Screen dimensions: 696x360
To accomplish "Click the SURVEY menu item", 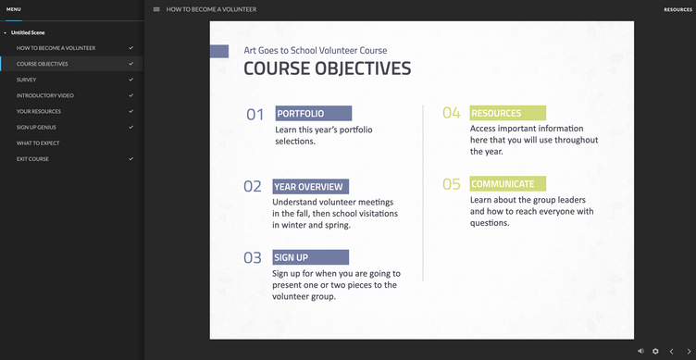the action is (27, 80).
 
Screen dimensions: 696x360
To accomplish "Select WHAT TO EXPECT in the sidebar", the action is (38, 143).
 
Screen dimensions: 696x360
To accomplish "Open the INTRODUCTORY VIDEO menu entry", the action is (44, 95).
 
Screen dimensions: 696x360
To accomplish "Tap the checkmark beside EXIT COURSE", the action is (130, 158).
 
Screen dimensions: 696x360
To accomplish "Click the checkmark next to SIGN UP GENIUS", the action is (130, 127).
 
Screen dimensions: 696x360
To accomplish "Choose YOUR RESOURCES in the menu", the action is (39, 111).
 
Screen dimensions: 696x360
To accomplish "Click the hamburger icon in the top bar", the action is (156, 9).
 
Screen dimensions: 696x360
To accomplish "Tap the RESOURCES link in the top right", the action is (677, 10).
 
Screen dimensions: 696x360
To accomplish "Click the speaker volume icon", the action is (640, 351).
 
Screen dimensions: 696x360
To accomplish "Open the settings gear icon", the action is (655, 351).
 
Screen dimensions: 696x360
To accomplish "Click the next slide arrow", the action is (689, 352).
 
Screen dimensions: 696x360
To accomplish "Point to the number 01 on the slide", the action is (255, 115).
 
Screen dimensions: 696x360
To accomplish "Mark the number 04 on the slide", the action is (452, 113).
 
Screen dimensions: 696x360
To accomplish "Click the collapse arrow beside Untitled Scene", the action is (5, 32).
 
